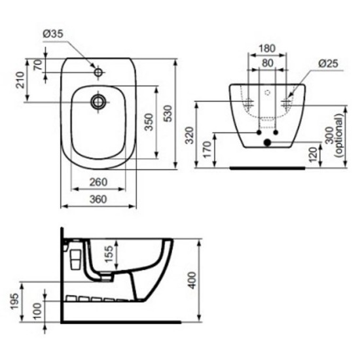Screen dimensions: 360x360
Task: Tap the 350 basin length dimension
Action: [x=149, y=122]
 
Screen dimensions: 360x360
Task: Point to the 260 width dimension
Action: [x=98, y=182]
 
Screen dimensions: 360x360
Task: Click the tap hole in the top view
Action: [x=98, y=72]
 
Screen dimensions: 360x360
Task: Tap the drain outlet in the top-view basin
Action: [x=98, y=101]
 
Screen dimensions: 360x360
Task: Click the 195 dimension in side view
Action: [x=14, y=302]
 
